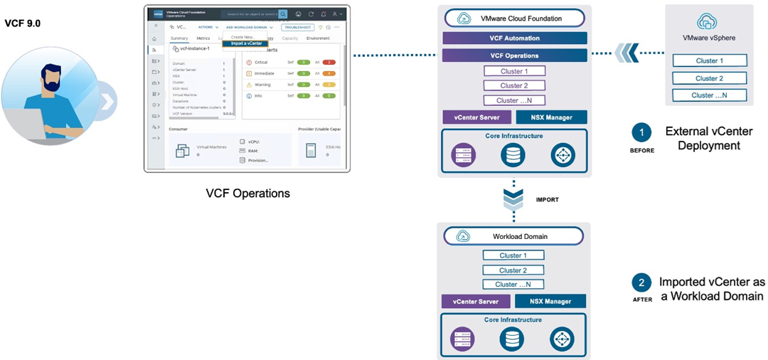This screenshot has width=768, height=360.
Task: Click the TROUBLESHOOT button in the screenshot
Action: click(297, 27)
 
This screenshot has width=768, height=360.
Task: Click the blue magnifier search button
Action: click(283, 14)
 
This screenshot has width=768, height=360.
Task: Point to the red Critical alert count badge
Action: click(328, 62)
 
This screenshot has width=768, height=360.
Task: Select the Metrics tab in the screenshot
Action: click(203, 38)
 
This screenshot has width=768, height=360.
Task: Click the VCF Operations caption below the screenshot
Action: click(247, 193)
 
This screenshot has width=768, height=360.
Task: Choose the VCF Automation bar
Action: click(514, 38)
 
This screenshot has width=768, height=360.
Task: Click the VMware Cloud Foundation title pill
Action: click(514, 18)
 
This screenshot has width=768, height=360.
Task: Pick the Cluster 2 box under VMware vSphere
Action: click(709, 78)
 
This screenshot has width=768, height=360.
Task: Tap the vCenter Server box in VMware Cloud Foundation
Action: click(476, 117)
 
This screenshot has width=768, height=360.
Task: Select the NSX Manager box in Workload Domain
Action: click(550, 301)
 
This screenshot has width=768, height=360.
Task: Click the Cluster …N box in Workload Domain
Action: click(513, 285)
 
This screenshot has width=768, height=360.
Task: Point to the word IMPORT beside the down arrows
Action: click(547, 200)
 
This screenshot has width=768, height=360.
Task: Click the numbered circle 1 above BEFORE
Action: click(641, 132)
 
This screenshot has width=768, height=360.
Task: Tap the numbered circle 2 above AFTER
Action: click(641, 283)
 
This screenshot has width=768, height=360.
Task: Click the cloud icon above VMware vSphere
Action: click(708, 21)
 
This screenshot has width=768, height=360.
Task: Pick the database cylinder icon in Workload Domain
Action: click(513, 338)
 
